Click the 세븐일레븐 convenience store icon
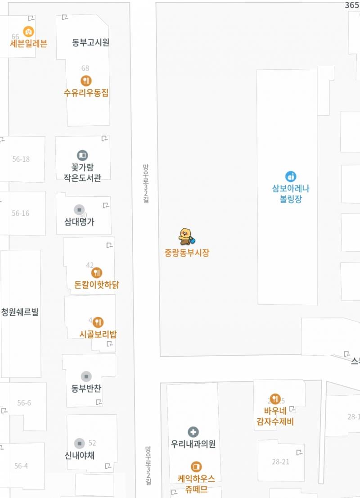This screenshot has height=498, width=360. [x=28, y=32]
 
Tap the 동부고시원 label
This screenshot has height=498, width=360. [x=91, y=43]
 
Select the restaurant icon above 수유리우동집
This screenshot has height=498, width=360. [x=86, y=81]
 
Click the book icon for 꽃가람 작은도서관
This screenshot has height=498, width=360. [x=82, y=155]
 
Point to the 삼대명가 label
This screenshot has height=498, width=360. [x=80, y=222]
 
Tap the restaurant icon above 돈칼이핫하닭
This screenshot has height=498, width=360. [x=97, y=272]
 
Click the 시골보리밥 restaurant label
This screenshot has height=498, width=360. [x=98, y=334]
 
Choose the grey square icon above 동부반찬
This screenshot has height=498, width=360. [x=86, y=376]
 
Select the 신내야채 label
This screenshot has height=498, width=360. [x=80, y=455]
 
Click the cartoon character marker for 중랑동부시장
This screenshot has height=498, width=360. [x=185, y=236]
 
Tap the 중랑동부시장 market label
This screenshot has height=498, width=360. [x=187, y=253]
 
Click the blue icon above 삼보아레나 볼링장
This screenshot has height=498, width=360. [x=291, y=177]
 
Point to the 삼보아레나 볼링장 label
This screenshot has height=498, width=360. [x=291, y=194]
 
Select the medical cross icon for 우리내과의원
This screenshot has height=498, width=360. [x=193, y=432]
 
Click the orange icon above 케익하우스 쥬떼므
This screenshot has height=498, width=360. [x=196, y=466]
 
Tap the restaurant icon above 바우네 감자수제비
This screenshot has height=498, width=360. [x=275, y=398]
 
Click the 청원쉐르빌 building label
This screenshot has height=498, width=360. [x=20, y=312]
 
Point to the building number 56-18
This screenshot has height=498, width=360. [x=21, y=159]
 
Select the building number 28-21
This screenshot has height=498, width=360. [x=281, y=462]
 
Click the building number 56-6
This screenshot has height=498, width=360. [x=24, y=403]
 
